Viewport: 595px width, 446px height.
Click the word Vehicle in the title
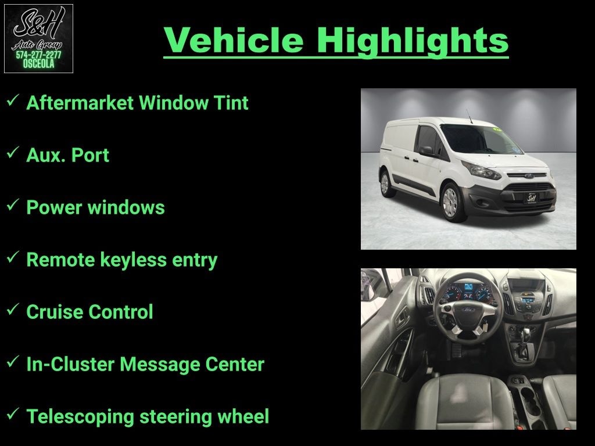234,40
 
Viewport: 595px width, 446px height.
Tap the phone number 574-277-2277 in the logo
38,55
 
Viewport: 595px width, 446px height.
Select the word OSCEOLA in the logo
38,64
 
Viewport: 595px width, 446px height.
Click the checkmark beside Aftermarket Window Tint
13,100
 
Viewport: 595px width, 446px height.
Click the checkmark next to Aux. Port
13,153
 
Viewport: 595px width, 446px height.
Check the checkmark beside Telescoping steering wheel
13,413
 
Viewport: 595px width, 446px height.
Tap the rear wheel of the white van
386,183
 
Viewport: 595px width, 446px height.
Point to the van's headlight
481,170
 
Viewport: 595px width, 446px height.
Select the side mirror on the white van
426,150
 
